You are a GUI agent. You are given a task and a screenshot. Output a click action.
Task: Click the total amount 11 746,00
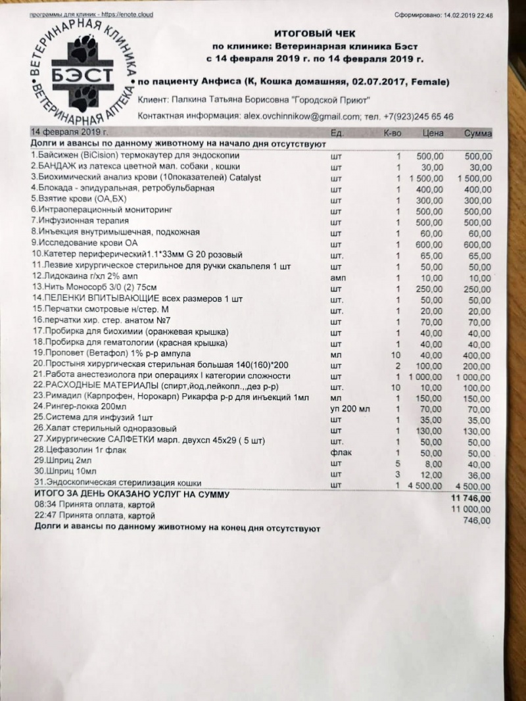click(471, 500)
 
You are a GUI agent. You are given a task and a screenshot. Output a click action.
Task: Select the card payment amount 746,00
click(477, 521)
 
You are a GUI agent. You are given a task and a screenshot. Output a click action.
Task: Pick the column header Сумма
click(478, 133)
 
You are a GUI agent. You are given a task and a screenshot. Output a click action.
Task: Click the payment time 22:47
click(44, 516)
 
